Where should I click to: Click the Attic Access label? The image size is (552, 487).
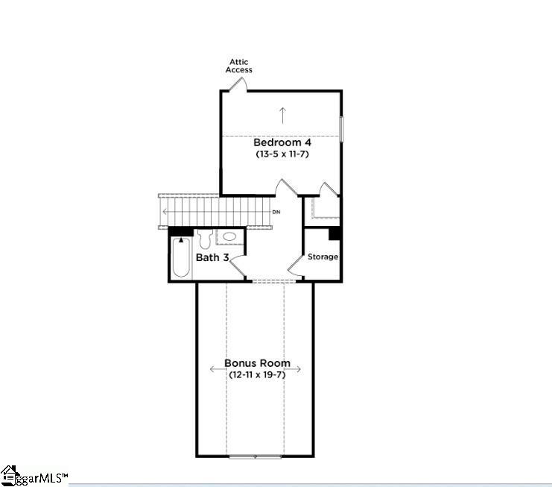pyautogui.click(x=239, y=66)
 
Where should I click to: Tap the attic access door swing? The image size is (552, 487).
pyautogui.click(x=239, y=84)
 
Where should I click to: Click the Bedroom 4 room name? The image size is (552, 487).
pyautogui.click(x=282, y=142)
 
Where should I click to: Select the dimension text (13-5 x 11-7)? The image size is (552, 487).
pyautogui.click(x=282, y=154)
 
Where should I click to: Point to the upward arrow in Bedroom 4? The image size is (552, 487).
pyautogui.click(x=282, y=115)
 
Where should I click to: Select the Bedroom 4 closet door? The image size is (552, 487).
pyautogui.click(x=327, y=189)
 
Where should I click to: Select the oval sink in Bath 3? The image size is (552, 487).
pyautogui.click(x=230, y=236)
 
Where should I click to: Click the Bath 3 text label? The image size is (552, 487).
pyautogui.click(x=212, y=257)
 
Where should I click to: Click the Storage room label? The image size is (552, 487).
pyautogui.click(x=323, y=257)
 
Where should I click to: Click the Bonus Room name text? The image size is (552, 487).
pyautogui.click(x=257, y=363)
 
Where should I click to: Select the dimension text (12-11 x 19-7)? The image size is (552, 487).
pyautogui.click(x=257, y=374)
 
